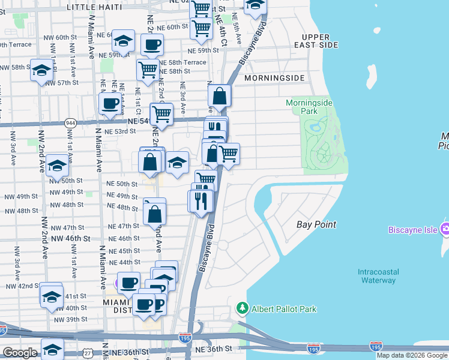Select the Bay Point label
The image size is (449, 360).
316,224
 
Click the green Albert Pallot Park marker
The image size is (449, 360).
242,308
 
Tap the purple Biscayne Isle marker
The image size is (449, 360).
445,229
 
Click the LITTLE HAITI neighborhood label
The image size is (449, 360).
94,7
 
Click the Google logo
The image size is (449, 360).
20,353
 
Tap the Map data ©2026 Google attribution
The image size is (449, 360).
412,355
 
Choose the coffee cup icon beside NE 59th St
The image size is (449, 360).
152,44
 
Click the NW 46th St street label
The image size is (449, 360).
70,238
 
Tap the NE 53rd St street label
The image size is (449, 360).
121,131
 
